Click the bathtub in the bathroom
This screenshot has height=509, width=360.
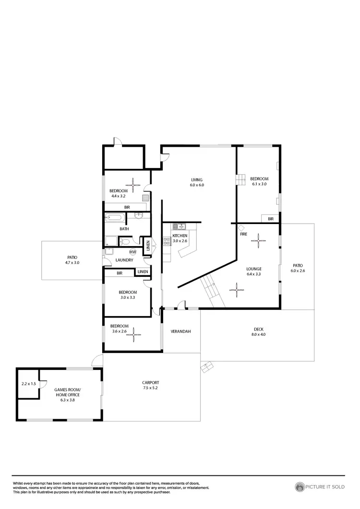115,218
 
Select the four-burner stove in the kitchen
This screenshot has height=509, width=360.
167,242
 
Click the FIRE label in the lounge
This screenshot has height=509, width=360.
244,234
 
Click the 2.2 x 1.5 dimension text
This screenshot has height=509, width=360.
29,384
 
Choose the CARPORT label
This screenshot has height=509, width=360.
150,382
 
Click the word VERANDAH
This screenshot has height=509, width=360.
181,331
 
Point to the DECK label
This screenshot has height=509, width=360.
258,329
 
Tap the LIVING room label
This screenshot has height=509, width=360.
197,179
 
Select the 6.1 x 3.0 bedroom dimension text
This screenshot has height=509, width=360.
259,184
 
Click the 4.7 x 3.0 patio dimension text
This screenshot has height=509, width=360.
72,263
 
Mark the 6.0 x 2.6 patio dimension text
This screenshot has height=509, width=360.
298,271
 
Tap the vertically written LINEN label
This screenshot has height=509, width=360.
148,245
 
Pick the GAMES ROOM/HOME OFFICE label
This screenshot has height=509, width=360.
68,392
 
